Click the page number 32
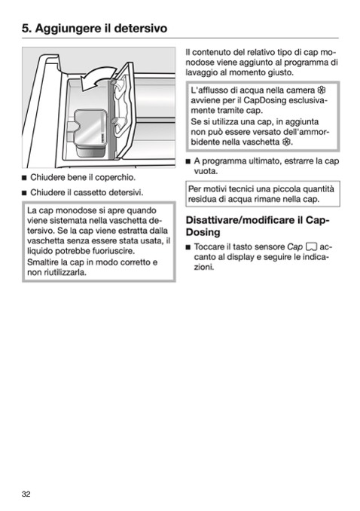pyautogui.click(x=26, y=494)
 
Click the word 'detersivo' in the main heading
pyautogui.click(x=140, y=28)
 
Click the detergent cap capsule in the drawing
pyautogui.click(x=90, y=133)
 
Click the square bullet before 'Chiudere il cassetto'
pyautogui.click(x=24, y=193)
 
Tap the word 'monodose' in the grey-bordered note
pyautogui.click(x=76, y=210)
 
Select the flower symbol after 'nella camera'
pyautogui.click(x=322, y=90)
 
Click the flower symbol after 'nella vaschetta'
pyautogui.click(x=286, y=142)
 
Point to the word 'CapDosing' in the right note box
pyautogui.click(x=265, y=100)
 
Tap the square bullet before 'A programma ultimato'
pyautogui.click(x=188, y=161)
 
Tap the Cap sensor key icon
pyautogui.click(x=312, y=246)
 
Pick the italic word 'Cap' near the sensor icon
pyautogui.click(x=295, y=247)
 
